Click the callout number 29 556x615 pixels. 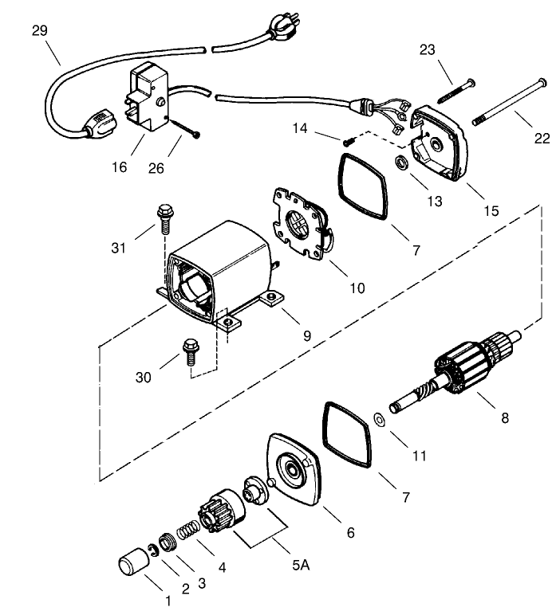[x=39, y=31]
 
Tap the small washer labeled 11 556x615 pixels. [x=380, y=417]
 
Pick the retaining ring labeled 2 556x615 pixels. [x=152, y=550]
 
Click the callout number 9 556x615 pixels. [x=306, y=335]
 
